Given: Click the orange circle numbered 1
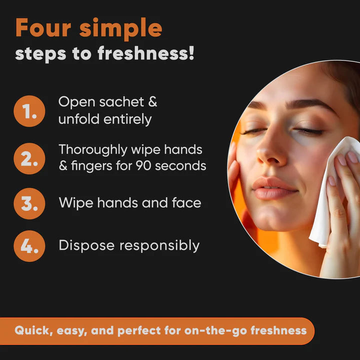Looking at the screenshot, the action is coord(29,111).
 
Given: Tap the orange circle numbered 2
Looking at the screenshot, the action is coord(29,158).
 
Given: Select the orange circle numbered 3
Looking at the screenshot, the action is coord(29,203).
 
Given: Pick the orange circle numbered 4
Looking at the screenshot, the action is coord(29,246).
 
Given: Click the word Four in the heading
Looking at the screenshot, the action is coord(43,27).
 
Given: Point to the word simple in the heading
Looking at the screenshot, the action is coord(121,29).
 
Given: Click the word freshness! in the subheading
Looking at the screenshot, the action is coord(146,53).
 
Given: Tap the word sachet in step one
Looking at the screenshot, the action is coord(121,101).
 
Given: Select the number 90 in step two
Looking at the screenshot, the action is coord(143,165).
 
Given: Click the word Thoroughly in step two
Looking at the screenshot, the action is coord(93,150).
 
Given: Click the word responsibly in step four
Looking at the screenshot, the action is coord(159,246).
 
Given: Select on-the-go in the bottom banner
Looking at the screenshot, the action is coord(216,331).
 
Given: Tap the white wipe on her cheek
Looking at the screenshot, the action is coord(333,190).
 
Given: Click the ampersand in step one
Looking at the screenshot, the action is coord(152,101).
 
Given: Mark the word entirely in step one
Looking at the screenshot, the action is coord(127,119).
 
